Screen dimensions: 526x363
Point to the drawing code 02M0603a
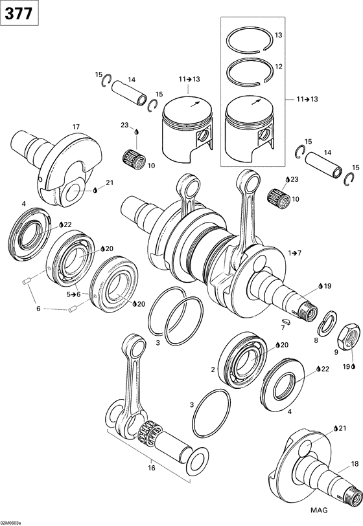[11, 521]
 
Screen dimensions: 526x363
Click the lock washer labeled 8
[329, 320]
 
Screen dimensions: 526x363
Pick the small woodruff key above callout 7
[285, 320]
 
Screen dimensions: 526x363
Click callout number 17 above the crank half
[76, 126]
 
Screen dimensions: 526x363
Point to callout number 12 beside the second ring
[278, 67]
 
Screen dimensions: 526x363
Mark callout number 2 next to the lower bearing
[213, 369]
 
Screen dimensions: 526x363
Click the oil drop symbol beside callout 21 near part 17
[95, 190]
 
